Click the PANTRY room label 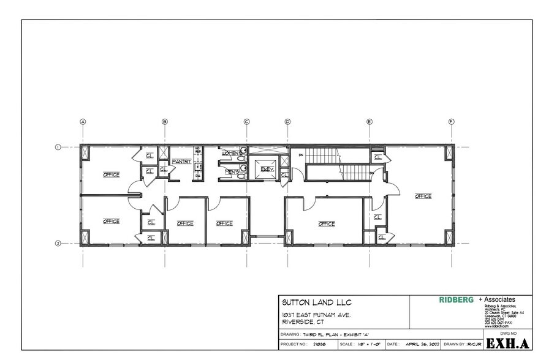click(x=182, y=162)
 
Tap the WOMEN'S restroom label click(x=232, y=152)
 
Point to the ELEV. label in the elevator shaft click(x=267, y=170)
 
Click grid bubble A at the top click(x=82, y=121)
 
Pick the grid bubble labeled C click(x=247, y=121)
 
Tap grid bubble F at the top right click(x=451, y=121)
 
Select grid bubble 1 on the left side click(x=59, y=147)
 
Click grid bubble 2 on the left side click(x=59, y=243)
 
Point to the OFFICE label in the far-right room click(x=423, y=197)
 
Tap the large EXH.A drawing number click(x=504, y=343)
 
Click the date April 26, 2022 click(x=423, y=345)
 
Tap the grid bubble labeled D click(x=287, y=121)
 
